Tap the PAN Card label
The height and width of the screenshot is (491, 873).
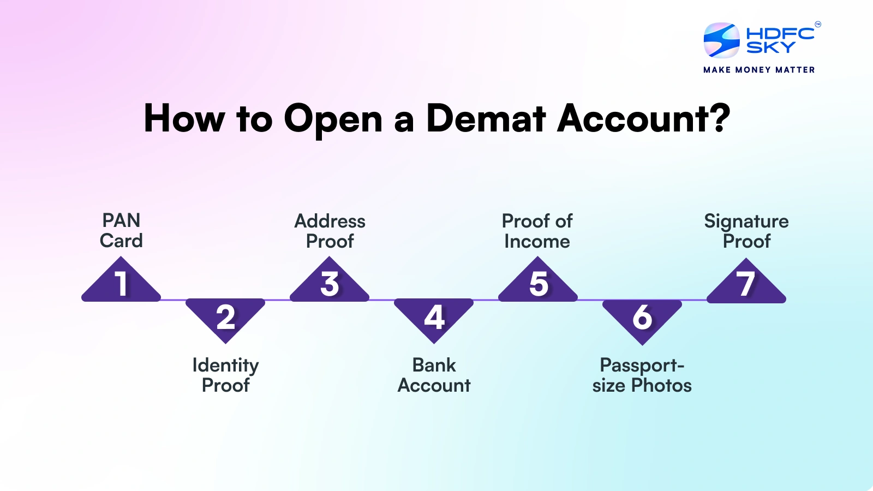121,230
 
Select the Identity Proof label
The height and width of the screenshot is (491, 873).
226,375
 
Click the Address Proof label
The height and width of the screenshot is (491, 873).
330,231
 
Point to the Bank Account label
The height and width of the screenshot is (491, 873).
434,375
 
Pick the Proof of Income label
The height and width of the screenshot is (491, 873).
537,231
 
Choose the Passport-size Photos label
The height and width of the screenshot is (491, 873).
642,375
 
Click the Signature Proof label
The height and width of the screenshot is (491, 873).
746,231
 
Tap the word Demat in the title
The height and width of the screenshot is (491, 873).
486,118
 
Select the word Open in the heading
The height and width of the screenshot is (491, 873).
333,121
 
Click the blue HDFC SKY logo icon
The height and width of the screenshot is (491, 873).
721,40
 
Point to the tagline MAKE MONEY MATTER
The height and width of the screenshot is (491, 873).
759,70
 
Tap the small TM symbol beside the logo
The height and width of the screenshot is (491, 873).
818,25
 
